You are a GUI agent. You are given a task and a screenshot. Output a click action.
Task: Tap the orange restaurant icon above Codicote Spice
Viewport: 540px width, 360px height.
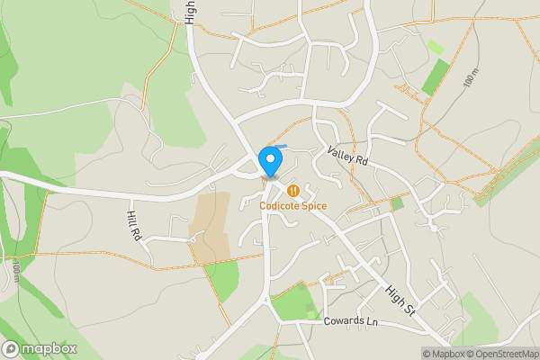click(293, 191)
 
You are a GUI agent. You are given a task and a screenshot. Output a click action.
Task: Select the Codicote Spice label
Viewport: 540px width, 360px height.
click(293, 206)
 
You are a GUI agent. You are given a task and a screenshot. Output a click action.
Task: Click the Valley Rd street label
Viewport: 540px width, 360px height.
click(348, 158)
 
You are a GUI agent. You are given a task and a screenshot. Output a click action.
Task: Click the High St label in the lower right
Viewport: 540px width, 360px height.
click(400, 301)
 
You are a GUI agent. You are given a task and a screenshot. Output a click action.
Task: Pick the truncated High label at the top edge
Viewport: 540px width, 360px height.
click(190, 11)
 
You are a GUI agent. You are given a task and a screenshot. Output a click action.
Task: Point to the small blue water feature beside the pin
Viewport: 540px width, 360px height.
click(282, 147)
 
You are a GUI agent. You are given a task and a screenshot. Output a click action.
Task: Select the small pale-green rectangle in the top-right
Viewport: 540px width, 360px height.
click(435, 46)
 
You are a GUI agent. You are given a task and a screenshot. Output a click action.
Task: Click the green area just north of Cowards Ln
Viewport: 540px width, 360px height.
click(292, 304)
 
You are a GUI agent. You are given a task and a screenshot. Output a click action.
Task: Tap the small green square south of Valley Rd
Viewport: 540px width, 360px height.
click(397, 204)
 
